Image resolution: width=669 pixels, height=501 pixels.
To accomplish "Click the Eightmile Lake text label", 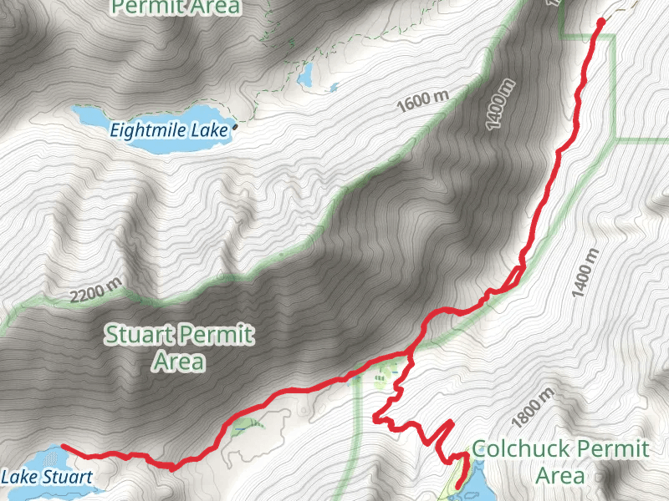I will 170,129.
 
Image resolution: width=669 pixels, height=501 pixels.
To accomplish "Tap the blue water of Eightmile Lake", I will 151,114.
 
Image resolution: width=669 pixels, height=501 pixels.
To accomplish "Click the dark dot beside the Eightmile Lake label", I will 235,127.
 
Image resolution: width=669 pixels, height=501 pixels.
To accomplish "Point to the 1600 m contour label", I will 423,100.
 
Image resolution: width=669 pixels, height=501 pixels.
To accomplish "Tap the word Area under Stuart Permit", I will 178,362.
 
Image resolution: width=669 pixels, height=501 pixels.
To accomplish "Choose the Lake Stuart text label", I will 45,478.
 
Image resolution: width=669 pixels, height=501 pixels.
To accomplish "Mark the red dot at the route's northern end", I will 601,22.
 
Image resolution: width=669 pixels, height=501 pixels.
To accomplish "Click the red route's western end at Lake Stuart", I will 64,448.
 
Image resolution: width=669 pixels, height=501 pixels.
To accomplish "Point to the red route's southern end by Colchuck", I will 457,485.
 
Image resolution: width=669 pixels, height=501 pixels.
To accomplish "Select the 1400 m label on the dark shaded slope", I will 498,104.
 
